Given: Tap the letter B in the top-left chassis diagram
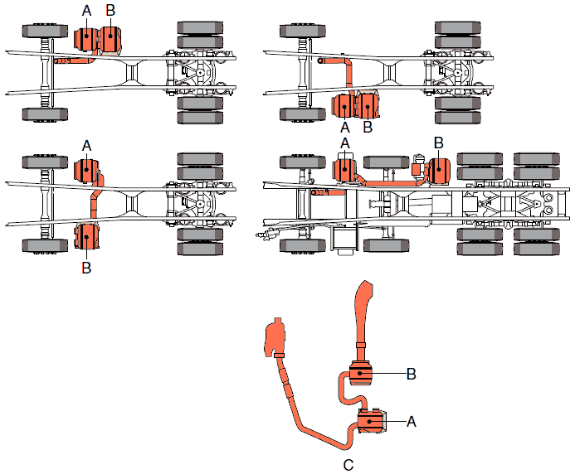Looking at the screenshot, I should pos(111,10).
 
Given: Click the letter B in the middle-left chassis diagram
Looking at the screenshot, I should pos(86,267).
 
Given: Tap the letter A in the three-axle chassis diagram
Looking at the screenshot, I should pos(345,144).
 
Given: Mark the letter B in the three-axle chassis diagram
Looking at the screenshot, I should pos(439,143).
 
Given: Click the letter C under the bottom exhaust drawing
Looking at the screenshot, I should pos(348,465).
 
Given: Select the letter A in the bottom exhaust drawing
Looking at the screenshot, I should pos(411,421).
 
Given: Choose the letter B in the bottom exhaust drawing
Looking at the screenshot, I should pos(411,374).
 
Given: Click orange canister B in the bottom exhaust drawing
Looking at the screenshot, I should pos(363,375).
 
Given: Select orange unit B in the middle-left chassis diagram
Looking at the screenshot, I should pos(86,236).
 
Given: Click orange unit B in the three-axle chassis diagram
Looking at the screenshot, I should pos(437,171).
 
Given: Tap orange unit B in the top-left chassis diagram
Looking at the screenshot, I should pos(110,39).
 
